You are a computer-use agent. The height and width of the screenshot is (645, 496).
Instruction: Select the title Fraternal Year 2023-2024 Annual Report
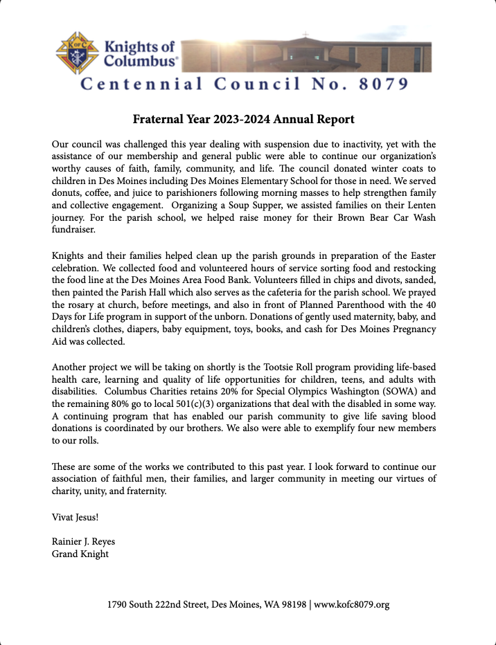[244, 120]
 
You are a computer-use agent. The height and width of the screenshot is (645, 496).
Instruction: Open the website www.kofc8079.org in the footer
[352, 605]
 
